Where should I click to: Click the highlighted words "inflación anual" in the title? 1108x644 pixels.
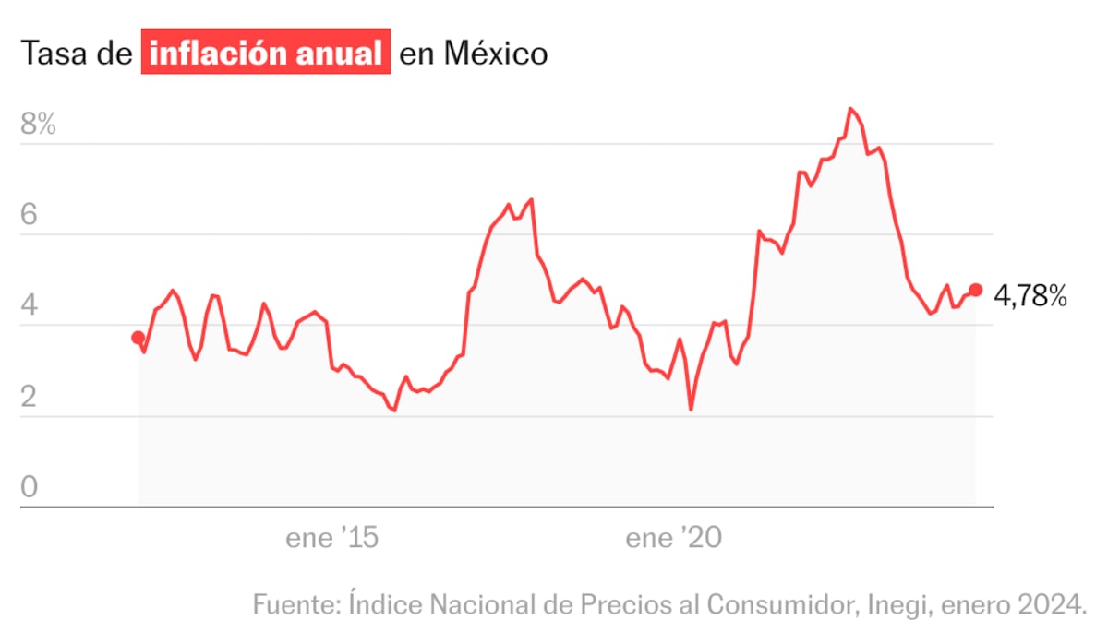pos(265,54)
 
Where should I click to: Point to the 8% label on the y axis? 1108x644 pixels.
pos(39,125)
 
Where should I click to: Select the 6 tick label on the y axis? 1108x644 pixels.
pos(30,216)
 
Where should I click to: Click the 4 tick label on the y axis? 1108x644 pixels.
pos(30,306)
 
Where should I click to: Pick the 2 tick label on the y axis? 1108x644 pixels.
pos(30,398)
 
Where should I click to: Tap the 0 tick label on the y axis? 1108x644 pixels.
pos(30,487)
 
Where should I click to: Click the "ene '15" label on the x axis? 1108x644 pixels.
pos(332,539)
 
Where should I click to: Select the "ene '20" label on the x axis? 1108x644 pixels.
pos(675,539)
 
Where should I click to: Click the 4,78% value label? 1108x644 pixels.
pos(1030,296)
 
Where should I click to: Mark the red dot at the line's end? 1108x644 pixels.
pos(976,290)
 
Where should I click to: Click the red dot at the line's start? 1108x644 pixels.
pos(138,338)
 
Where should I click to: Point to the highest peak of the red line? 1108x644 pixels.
pos(850,109)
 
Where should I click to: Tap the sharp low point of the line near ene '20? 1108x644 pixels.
pos(691,409)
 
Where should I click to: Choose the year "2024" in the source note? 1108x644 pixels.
pos(1053,605)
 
